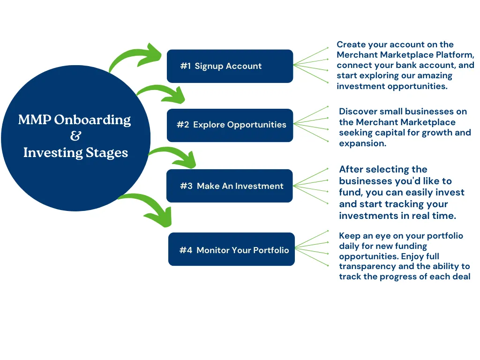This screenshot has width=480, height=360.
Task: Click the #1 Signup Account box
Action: click(230, 66)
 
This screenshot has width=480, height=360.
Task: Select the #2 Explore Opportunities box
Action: click(230, 125)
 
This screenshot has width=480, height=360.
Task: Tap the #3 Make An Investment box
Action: click(230, 186)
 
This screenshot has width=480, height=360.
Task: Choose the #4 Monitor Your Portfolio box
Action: click(232, 249)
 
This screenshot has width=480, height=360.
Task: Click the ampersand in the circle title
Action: click(75, 135)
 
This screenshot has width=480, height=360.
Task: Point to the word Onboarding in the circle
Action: click(92, 120)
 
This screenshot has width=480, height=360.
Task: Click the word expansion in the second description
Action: click(362, 143)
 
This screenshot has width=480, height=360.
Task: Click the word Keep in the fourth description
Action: click(350, 236)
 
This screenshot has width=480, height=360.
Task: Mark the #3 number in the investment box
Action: click(186, 186)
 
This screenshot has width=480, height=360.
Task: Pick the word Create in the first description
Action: click(351, 45)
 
